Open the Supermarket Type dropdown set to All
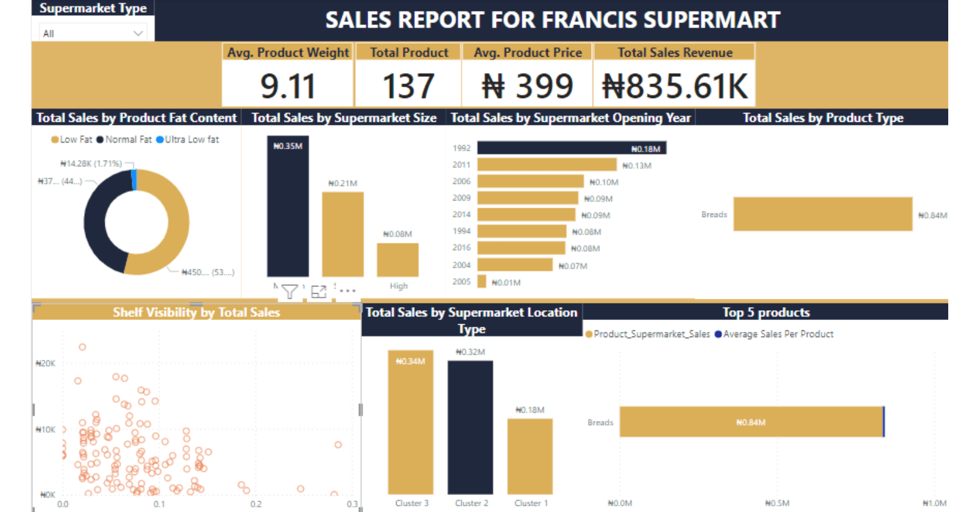[93, 34]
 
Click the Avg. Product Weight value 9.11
[288, 86]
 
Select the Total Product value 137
[408, 86]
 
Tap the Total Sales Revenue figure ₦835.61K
[675, 86]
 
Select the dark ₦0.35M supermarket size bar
[288, 207]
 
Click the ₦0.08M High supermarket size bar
[397, 260]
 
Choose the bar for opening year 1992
[571, 148]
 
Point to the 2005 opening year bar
[481, 282]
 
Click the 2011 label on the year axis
[461, 165]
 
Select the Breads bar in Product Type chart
[823, 214]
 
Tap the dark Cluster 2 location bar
[470, 427]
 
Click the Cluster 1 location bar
[530, 456]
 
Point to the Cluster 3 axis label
[411, 503]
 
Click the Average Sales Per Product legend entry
[774, 334]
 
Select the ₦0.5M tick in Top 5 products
[777, 503]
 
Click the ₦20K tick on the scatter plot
[46, 363]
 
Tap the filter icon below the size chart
[289, 292]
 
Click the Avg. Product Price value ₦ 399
[527, 86]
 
